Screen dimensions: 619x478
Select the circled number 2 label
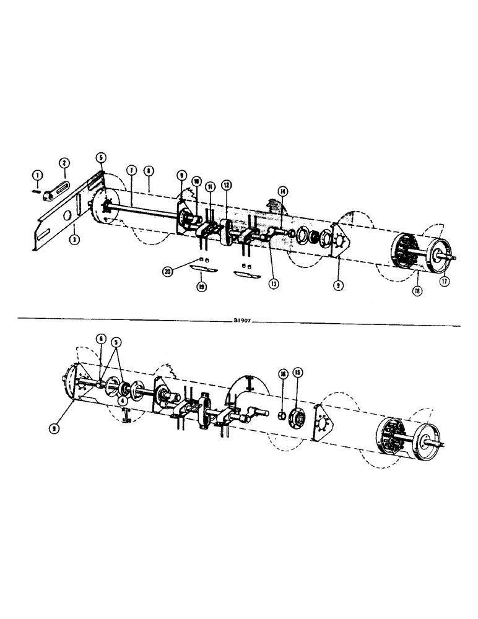[63, 163]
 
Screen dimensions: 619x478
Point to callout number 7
[131, 169]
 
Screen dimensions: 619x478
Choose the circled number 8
[149, 169]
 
